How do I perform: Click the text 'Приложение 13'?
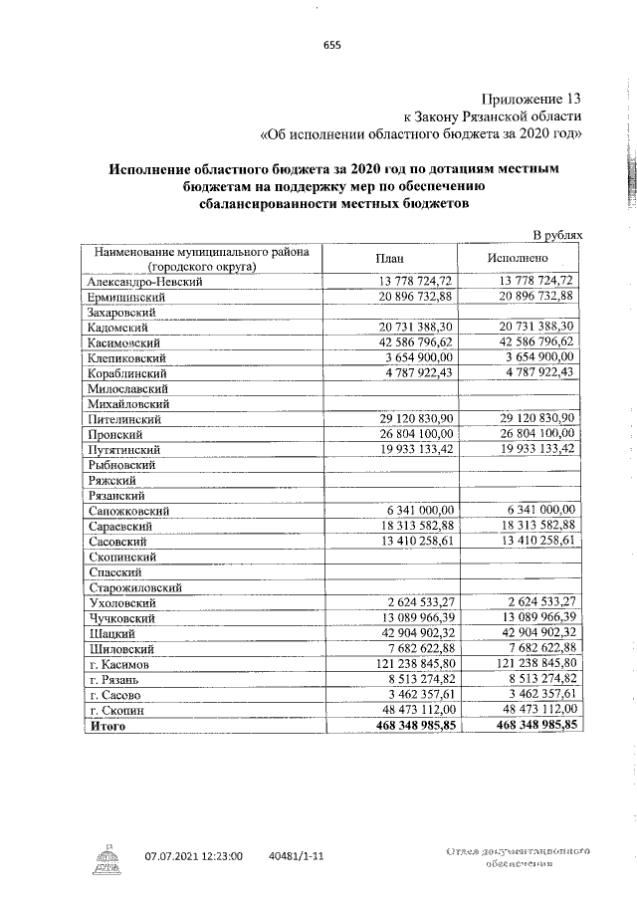(x=531, y=99)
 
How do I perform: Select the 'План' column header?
(x=387, y=258)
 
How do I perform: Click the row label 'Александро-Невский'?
(x=145, y=282)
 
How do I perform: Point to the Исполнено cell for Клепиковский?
(x=538, y=357)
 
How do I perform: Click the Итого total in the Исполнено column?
(x=535, y=726)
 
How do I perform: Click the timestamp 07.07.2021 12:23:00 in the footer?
(x=194, y=855)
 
